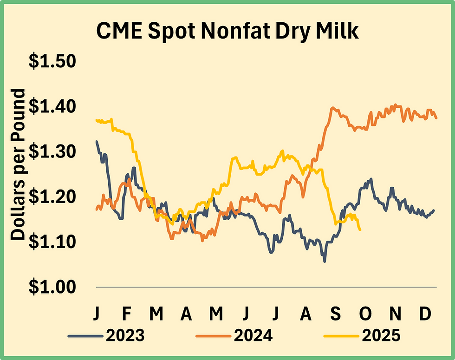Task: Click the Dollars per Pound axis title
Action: tap(18, 165)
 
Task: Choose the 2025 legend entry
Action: tap(381, 335)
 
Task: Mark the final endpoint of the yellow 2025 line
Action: tap(360, 230)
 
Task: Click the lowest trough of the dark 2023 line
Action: tap(325, 262)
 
